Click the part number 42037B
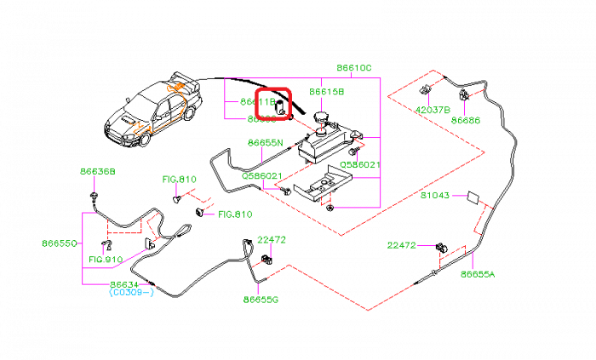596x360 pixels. click(x=433, y=110)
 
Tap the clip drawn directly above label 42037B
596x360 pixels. click(x=428, y=88)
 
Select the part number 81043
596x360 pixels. click(x=434, y=196)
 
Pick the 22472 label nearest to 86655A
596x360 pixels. click(x=402, y=245)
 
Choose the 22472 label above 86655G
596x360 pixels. click(x=272, y=240)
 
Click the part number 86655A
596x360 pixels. click(x=478, y=274)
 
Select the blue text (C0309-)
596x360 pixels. click(x=131, y=292)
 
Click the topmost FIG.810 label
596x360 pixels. click(x=180, y=180)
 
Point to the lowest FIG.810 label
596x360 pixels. click(x=106, y=260)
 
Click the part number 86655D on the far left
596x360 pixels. click(x=60, y=243)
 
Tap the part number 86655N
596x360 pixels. click(x=266, y=143)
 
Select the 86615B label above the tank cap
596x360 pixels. click(x=327, y=92)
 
